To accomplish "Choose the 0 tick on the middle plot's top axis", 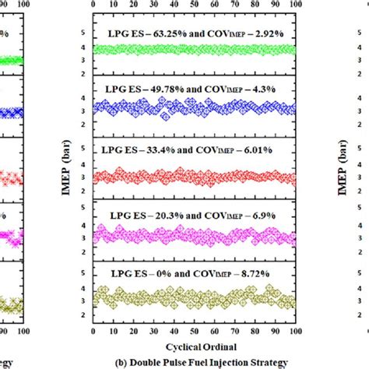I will coord(93,5).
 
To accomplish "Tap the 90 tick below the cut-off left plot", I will coord(5,330).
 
